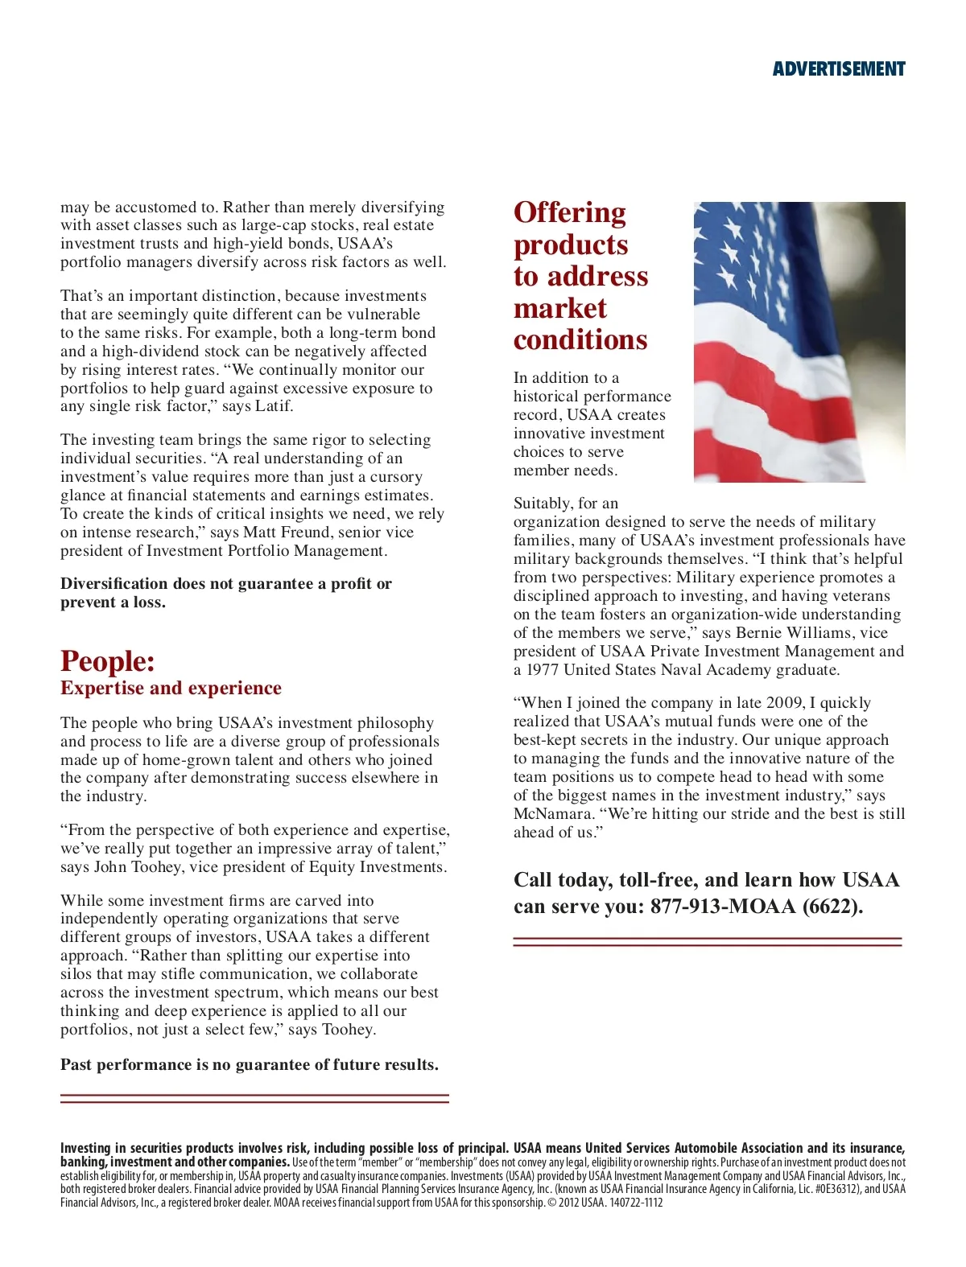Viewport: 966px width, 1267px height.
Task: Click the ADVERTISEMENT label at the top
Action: pyautogui.click(x=839, y=69)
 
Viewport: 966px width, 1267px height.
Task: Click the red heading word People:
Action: pyautogui.click(x=108, y=661)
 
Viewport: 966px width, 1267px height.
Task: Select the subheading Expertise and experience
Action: pyautogui.click(x=171, y=688)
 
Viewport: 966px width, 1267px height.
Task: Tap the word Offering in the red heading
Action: pyautogui.click(x=570, y=213)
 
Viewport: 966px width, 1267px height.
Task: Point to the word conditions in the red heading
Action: pyautogui.click(x=580, y=340)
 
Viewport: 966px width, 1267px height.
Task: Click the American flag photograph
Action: pyautogui.click(x=799, y=342)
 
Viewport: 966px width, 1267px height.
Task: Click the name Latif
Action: pyautogui.click(x=273, y=406)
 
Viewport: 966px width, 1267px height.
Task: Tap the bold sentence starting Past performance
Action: pyautogui.click(x=250, y=1065)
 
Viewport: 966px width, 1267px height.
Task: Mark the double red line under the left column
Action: pyautogui.click(x=254, y=1098)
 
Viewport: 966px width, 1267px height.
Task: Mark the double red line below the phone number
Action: pyautogui.click(x=708, y=942)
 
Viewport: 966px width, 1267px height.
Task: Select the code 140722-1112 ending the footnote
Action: pyautogui.click(x=637, y=1203)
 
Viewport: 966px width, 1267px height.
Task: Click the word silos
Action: pyautogui.click(x=79, y=974)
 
